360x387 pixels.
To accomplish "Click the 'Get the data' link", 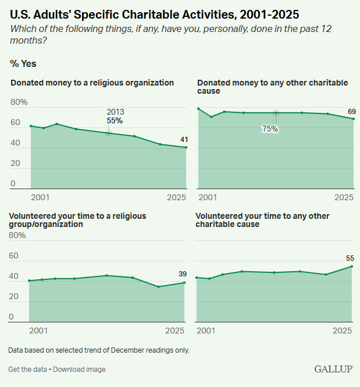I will (27, 370).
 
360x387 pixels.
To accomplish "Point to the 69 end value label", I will (351, 111).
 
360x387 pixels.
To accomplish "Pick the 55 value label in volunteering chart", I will (349, 258).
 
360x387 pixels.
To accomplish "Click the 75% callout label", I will (270, 129).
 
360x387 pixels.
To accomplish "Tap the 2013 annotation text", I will (115, 112).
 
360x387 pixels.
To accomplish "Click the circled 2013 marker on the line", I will (108, 133).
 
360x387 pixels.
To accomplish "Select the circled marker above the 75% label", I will (276, 113).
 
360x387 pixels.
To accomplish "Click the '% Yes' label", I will (23, 64).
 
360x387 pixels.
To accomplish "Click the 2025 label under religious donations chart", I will (175, 198).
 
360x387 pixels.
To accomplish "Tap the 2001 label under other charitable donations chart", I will (208, 198).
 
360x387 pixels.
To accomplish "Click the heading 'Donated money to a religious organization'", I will (92, 83).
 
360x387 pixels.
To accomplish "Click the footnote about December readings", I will (99, 350).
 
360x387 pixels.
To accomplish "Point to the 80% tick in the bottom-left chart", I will (18, 236).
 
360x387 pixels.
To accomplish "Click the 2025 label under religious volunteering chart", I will (175, 331).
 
